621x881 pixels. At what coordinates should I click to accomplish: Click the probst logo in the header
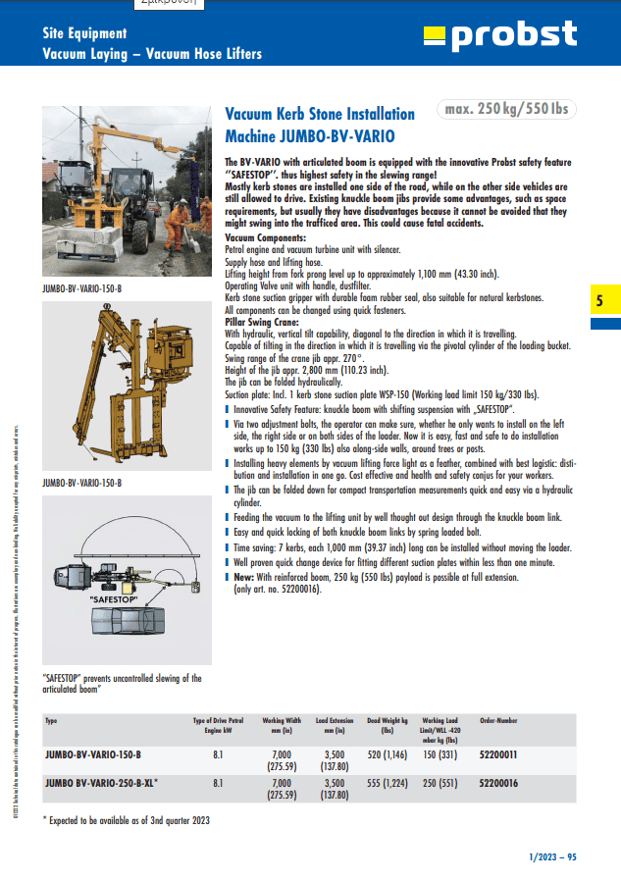coord(499,35)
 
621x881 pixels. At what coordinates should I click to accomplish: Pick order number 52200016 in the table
coord(498,783)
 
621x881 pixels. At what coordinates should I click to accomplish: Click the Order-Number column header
coord(498,721)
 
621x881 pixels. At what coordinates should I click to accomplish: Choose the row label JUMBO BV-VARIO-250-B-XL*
coord(101,783)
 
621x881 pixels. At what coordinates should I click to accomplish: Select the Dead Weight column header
coord(387,725)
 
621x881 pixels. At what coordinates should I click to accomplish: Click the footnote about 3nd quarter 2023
coord(127,819)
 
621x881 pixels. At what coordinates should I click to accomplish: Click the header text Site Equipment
coord(84,33)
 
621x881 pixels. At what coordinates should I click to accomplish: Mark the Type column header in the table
coord(51,721)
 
